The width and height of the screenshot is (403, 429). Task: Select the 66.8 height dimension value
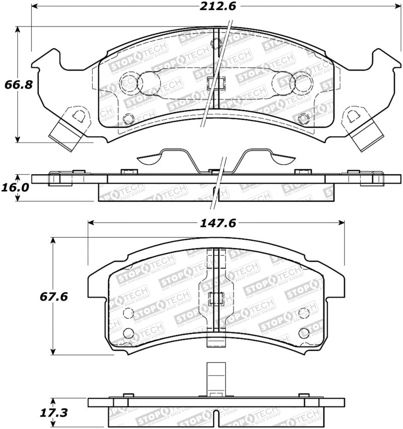(19, 84)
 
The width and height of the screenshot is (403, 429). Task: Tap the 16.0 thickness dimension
(17, 187)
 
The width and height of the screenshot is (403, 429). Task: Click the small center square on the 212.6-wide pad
(215, 83)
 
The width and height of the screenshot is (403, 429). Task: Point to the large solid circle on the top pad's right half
(302, 84)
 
